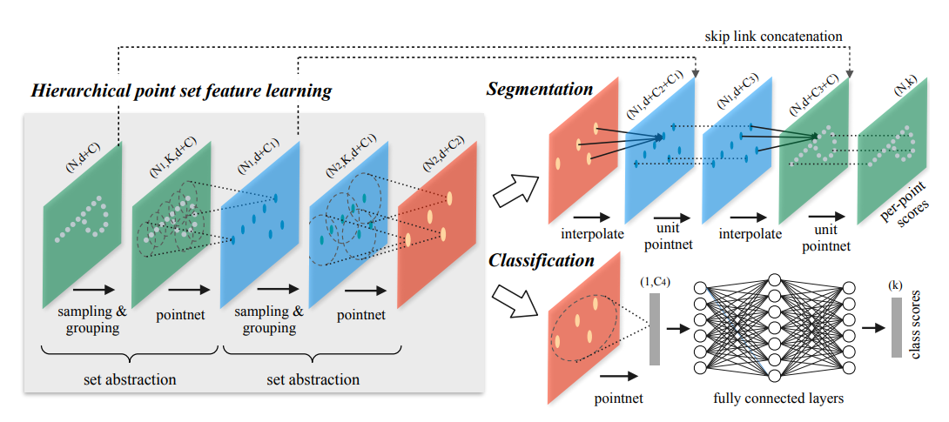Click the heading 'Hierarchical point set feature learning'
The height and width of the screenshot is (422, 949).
181,91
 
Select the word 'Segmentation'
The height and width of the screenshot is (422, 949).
540,89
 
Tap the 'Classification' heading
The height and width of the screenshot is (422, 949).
542,260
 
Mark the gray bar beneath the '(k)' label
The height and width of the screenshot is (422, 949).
896,327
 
